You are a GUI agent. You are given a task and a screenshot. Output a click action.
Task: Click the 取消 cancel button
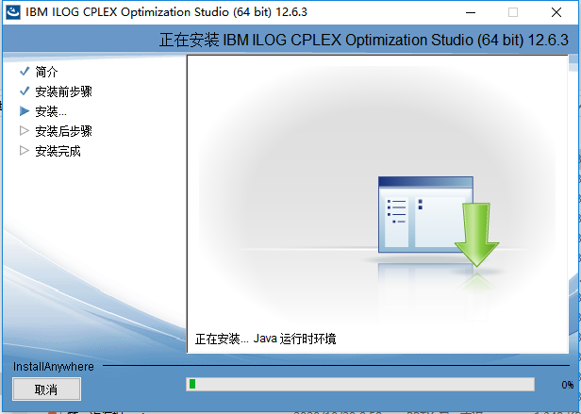coord(46,389)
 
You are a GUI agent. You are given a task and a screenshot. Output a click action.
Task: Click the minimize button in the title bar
coord(469,12)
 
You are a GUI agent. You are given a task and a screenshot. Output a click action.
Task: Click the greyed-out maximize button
coord(514,12)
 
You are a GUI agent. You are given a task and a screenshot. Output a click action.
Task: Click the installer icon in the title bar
coord(12,12)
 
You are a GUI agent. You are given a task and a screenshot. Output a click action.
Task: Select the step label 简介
coord(46,72)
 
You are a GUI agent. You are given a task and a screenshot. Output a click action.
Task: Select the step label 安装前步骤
coord(63,91)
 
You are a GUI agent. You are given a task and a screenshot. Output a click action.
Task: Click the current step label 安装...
coord(51,111)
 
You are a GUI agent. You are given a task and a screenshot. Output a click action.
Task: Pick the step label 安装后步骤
coord(63,131)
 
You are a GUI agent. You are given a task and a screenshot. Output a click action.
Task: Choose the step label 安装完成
coord(58,151)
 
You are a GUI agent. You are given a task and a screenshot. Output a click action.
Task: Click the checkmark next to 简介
coord(25,72)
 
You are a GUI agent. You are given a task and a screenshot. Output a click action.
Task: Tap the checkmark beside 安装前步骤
coord(25,91)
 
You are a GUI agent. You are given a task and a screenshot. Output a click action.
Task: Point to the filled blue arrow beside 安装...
coord(25,111)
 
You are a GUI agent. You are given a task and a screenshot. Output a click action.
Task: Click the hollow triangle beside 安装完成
coord(25,151)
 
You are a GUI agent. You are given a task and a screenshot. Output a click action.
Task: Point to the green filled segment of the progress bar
coord(192,384)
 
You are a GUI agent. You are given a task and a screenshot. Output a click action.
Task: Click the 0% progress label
coord(566,385)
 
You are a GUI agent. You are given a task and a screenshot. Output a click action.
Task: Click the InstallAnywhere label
coord(54,366)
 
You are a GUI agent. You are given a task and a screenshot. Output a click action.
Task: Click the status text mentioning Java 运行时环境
coord(265,339)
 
